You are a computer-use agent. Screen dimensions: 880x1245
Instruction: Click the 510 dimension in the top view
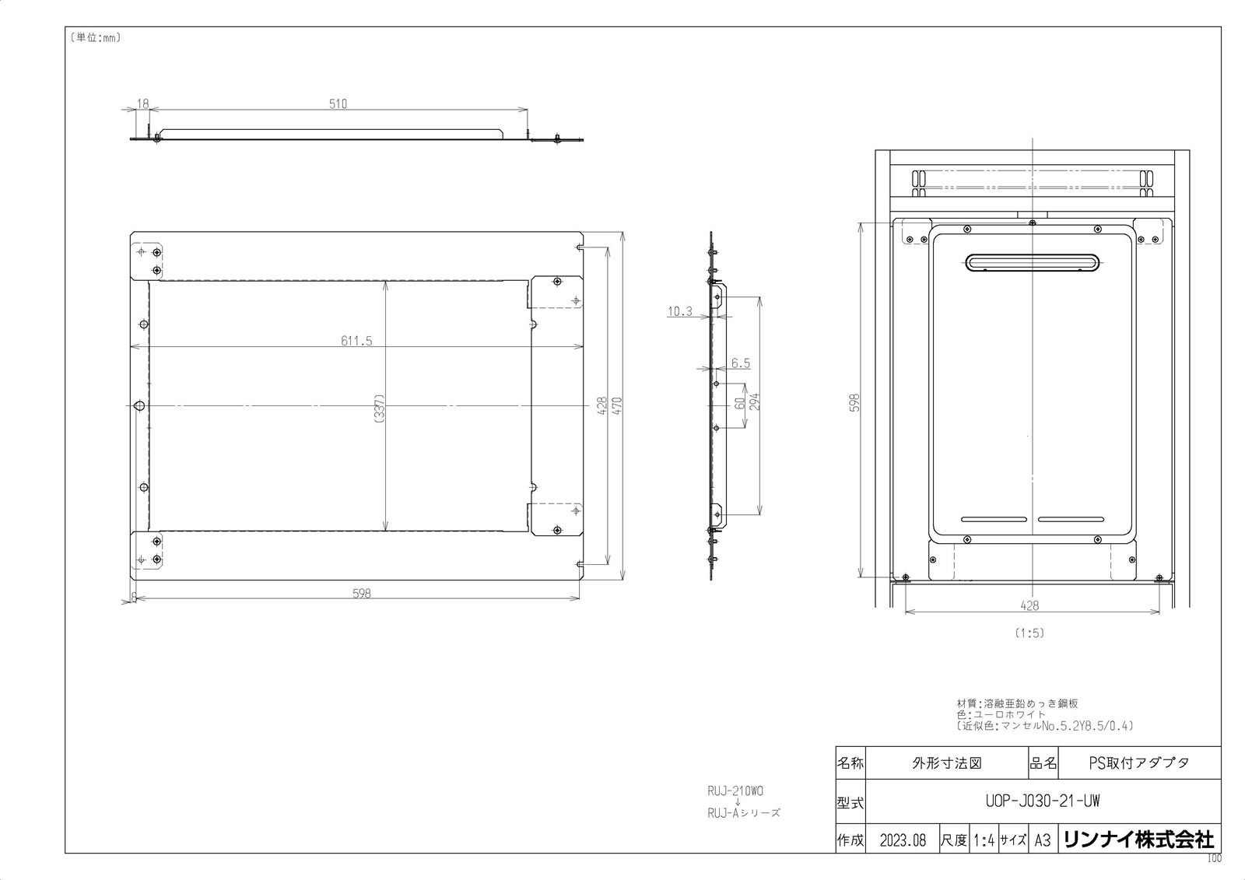click(338, 103)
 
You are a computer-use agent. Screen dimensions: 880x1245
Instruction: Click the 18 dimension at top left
click(142, 103)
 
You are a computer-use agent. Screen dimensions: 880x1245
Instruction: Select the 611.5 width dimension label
click(356, 341)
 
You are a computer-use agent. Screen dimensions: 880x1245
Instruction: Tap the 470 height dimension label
click(617, 405)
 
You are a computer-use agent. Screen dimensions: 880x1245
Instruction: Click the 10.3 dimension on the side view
click(679, 311)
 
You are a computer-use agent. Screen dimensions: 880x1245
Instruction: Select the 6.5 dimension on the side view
click(741, 363)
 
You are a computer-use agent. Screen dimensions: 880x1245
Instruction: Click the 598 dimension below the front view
click(361, 593)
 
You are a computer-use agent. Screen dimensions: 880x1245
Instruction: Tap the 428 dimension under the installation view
click(1029, 605)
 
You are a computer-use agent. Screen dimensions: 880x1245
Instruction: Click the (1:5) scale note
click(1029, 633)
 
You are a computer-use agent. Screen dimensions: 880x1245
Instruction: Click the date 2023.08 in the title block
click(903, 840)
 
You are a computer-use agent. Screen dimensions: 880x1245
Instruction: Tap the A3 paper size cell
click(1042, 840)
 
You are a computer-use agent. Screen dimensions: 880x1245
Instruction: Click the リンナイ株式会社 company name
click(1138, 840)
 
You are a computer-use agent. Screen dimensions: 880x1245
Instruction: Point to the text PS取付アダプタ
click(1138, 763)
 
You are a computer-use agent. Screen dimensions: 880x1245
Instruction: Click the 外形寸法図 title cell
click(946, 763)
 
